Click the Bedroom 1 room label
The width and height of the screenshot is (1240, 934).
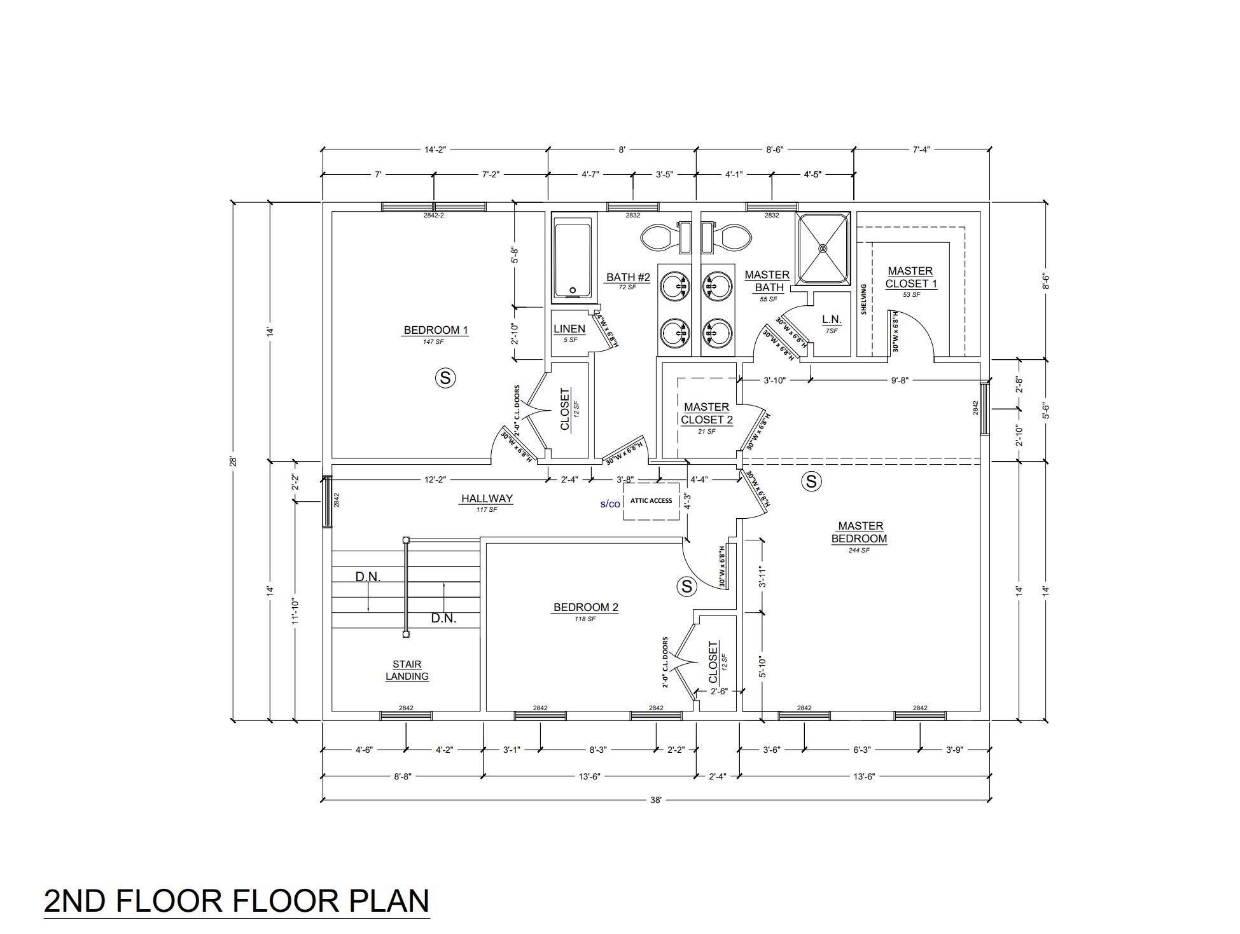(436, 330)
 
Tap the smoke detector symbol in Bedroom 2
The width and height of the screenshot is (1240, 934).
(686, 586)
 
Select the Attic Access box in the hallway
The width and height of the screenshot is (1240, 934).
(651, 501)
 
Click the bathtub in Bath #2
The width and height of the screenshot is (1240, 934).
(575, 257)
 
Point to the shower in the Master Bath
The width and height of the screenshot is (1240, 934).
(824, 248)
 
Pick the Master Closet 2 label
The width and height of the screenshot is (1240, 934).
(707, 413)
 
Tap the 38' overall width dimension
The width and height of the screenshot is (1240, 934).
(656, 801)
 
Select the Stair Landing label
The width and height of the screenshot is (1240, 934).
(407, 671)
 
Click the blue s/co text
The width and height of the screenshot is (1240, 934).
(610, 504)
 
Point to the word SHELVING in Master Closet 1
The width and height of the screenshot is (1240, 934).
(864, 299)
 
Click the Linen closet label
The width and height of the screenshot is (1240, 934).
(569, 329)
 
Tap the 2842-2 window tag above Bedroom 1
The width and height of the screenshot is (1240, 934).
(433, 216)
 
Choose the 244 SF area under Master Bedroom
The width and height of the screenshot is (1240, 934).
(859, 551)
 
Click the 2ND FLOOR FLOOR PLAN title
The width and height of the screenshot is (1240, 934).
(237, 901)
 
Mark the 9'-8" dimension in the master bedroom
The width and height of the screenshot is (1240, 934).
(900, 381)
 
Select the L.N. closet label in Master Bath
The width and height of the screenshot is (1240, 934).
(832, 319)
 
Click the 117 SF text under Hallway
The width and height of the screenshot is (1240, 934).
(487, 509)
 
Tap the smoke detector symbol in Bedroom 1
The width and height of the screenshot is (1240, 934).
(445, 378)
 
